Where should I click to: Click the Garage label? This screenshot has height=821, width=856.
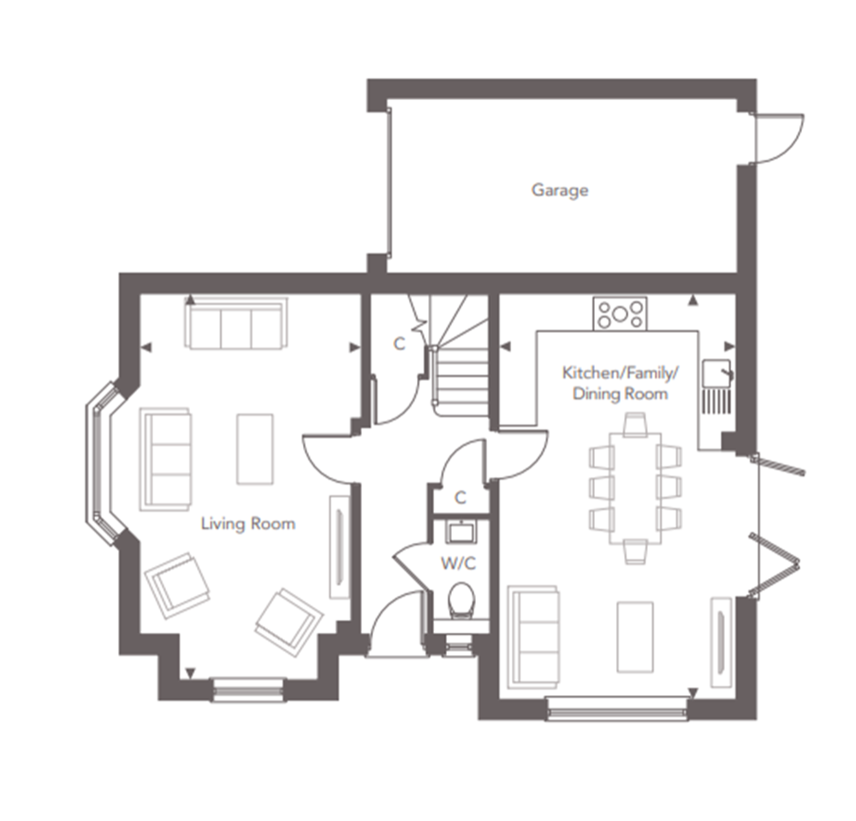tap(560, 190)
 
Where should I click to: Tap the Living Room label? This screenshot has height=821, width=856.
tap(248, 523)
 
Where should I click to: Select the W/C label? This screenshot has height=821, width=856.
tap(459, 562)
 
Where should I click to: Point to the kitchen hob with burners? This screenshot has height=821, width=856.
tap(620, 314)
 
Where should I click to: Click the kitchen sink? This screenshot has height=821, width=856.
tap(717, 373)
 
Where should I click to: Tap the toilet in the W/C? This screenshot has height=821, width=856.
tap(461, 600)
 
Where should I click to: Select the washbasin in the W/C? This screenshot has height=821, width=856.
tap(461, 532)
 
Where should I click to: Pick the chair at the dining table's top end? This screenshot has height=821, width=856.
tap(635, 425)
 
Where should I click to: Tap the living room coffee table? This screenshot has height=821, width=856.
tap(255, 449)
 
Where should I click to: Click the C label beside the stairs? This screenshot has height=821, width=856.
tap(400, 344)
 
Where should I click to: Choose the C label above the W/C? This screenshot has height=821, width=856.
tap(461, 498)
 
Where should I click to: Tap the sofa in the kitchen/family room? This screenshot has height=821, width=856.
tap(534, 636)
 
